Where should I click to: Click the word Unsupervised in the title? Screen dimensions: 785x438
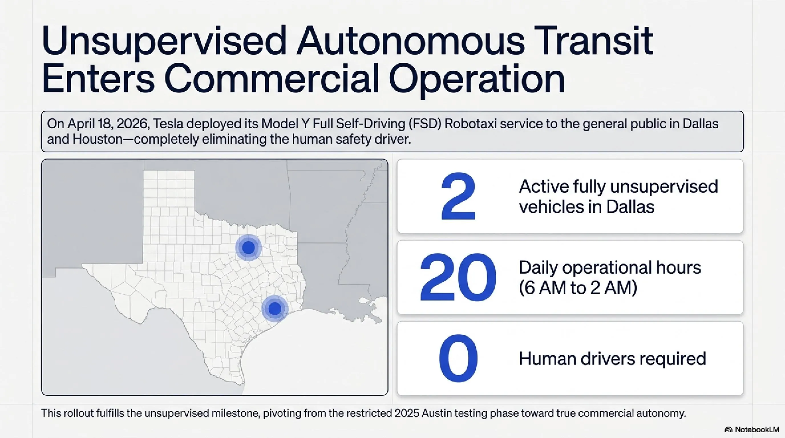click(164, 43)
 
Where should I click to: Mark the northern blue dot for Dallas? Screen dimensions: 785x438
click(248, 248)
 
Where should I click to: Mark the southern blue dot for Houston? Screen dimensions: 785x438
click(275, 308)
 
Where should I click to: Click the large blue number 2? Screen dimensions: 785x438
click(458, 196)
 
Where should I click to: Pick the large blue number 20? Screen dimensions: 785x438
click(458, 277)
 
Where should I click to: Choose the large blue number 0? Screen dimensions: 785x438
click(458, 358)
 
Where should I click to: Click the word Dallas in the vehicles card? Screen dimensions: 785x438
click(630, 207)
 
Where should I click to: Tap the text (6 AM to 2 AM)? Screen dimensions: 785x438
click(578, 288)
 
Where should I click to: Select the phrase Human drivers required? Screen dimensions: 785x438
click(612, 358)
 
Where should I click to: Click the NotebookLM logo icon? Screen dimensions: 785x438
click(729, 430)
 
